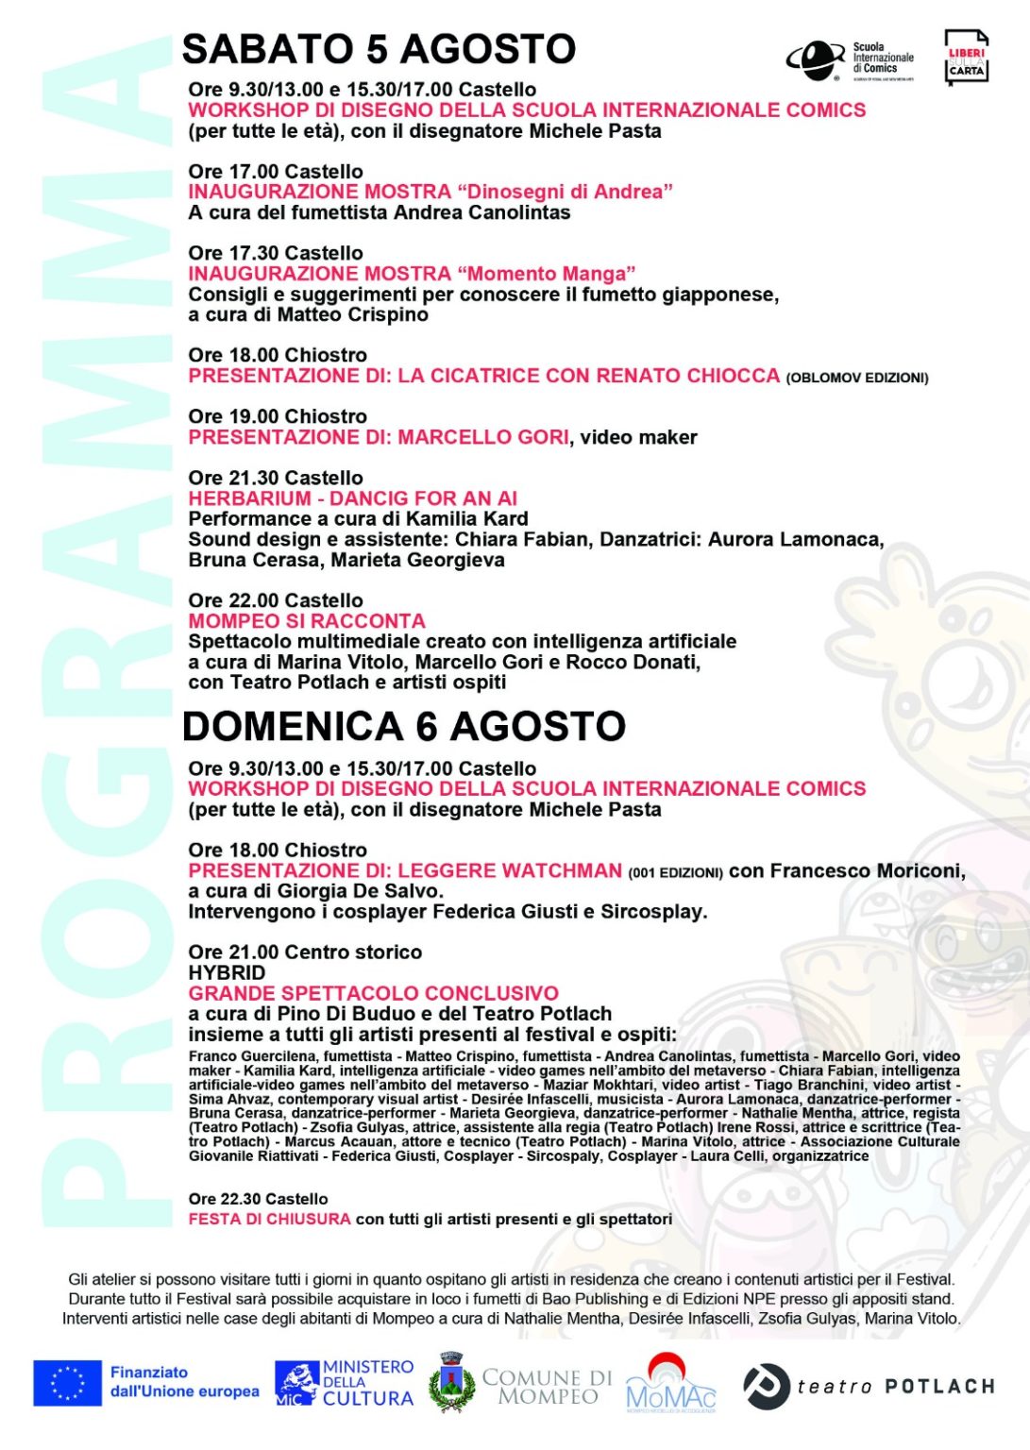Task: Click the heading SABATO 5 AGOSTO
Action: pyautogui.click(x=379, y=49)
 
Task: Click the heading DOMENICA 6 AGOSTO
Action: pyautogui.click(x=404, y=726)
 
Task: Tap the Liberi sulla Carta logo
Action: pyautogui.click(x=966, y=59)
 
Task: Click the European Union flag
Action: pyautogui.click(x=67, y=1383)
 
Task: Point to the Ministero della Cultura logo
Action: pyautogui.click(x=345, y=1383)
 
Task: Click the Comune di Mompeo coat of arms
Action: pyautogui.click(x=451, y=1383)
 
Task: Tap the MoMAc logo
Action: pyautogui.click(x=670, y=1384)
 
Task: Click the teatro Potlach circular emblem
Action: pyautogui.click(x=766, y=1386)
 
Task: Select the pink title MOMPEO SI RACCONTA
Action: pyautogui.click(x=307, y=621)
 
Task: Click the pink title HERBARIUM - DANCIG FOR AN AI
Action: pyautogui.click(x=352, y=498)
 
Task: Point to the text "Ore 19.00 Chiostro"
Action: pyautogui.click(x=278, y=416)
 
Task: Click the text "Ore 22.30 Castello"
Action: pyautogui.click(x=258, y=1199)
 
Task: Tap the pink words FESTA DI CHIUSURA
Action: pyautogui.click(x=269, y=1219)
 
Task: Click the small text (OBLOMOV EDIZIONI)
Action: pyautogui.click(x=856, y=378)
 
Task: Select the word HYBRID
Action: pyautogui.click(x=227, y=972)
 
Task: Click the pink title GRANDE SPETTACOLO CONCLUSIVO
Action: pyautogui.click(x=373, y=993)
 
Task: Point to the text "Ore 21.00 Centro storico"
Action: pyautogui.click(x=305, y=952)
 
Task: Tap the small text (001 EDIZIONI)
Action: pyautogui.click(x=675, y=872)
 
